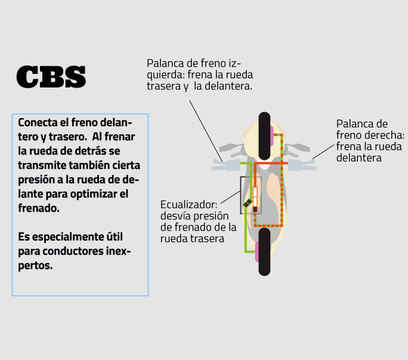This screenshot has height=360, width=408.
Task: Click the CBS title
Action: (x=51, y=77)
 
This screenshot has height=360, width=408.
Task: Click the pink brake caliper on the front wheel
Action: (x=272, y=131)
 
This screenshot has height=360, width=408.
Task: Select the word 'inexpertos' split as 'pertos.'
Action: (x=36, y=265)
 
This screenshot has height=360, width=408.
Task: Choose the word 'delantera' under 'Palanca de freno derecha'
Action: (x=358, y=157)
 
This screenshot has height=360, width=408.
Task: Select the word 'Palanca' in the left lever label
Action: (x=165, y=63)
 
